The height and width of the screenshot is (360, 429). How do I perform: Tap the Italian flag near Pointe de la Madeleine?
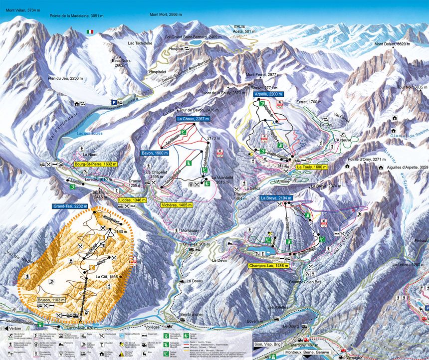tap(90, 32)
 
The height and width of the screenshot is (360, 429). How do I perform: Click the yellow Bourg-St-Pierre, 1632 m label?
tap(95, 164)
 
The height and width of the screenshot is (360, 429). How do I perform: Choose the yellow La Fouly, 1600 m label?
tap(312, 167)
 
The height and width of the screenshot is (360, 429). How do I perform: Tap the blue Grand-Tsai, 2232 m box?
tap(70, 206)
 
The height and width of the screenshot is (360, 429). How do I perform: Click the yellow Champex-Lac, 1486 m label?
tap(268, 266)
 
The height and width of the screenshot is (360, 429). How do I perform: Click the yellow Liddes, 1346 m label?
tap(132, 200)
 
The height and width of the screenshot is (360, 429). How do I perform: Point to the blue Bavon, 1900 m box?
tap(154, 153)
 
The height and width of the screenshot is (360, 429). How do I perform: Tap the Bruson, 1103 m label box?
tap(51, 300)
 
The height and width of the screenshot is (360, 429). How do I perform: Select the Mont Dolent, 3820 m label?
tap(393, 44)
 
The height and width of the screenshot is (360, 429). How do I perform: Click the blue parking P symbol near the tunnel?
tap(114, 102)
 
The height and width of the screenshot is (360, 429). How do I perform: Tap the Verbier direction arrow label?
tap(13, 329)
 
